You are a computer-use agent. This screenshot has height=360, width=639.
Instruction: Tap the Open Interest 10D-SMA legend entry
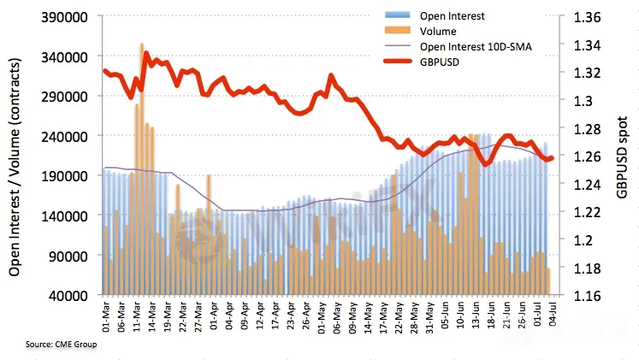tap(476, 47)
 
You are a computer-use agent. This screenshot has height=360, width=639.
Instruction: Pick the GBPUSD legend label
tap(440, 62)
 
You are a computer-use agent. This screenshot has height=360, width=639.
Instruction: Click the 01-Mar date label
tap(105, 316)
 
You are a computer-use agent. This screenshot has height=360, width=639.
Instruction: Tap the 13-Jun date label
tap(471, 316)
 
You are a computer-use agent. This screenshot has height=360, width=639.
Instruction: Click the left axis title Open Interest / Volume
tap(16, 162)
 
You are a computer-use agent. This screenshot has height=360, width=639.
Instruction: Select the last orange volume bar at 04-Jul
tap(548, 281)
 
